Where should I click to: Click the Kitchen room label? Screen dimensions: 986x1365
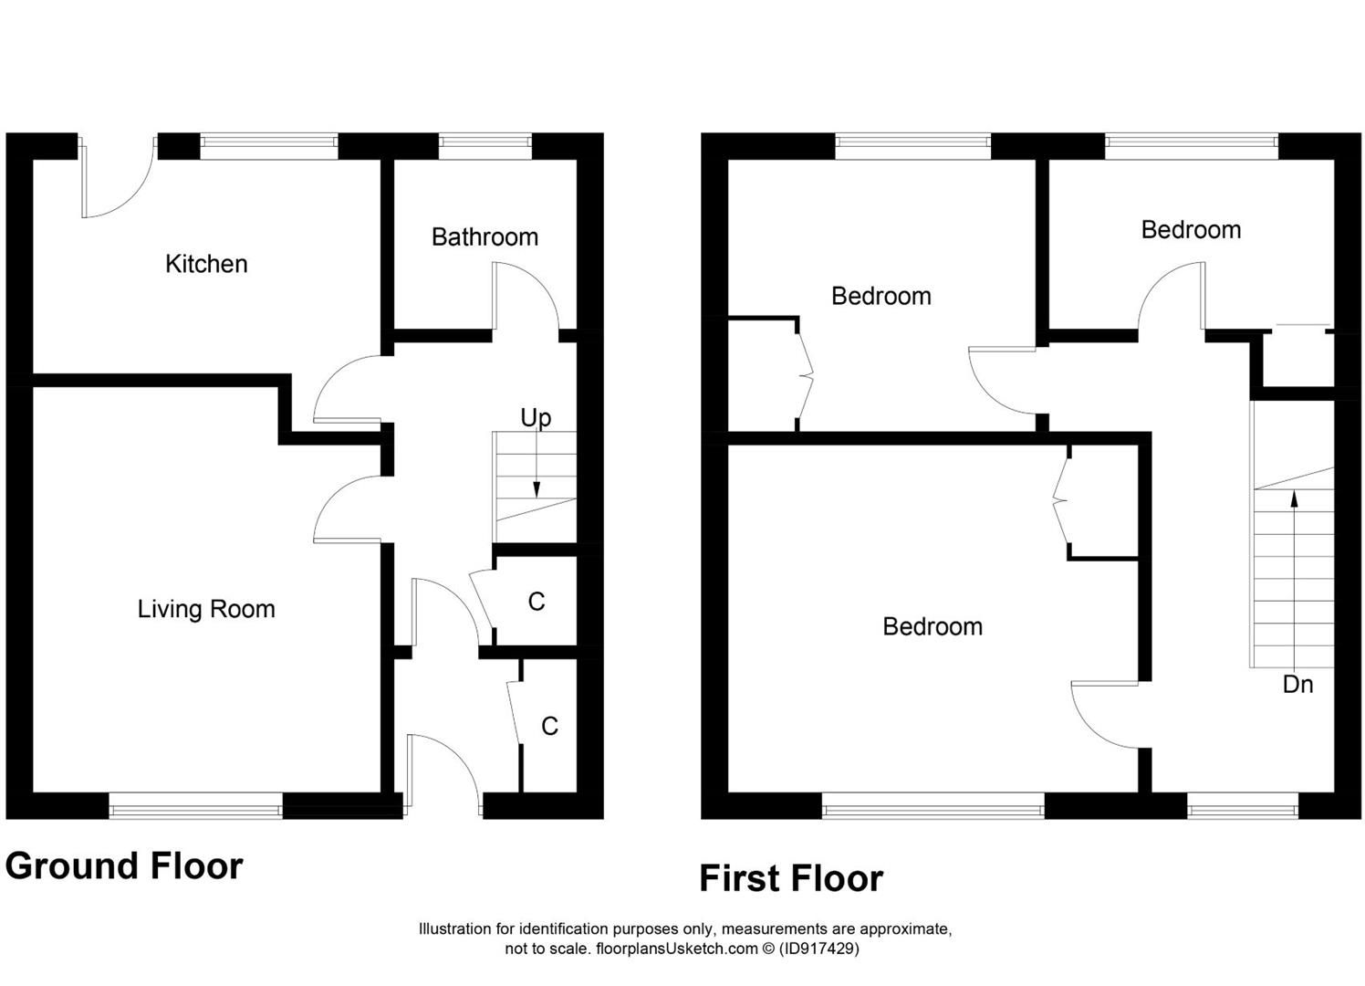pyautogui.click(x=206, y=265)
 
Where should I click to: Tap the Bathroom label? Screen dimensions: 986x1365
pyautogui.click(x=485, y=237)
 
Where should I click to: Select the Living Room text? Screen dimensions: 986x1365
pyautogui.click(x=206, y=609)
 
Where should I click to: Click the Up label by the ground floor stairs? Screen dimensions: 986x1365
pyautogui.click(x=536, y=418)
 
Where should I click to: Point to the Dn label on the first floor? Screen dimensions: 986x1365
pyautogui.click(x=1297, y=684)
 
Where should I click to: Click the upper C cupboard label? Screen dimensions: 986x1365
pyautogui.click(x=537, y=602)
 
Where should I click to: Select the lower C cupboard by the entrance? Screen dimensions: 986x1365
pyautogui.click(x=549, y=726)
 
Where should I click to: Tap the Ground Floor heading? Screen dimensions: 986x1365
pyautogui.click(x=124, y=865)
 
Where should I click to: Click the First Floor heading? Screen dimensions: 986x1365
pyautogui.click(x=791, y=878)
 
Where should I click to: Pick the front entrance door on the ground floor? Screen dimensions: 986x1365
pyautogui.click(x=444, y=767)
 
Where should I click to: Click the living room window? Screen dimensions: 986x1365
pyautogui.click(x=195, y=805)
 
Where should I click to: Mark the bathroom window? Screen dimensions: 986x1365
pyautogui.click(x=485, y=143)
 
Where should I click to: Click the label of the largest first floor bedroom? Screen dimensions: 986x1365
pyautogui.click(x=933, y=626)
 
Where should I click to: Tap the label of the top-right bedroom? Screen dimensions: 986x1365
pyautogui.click(x=1191, y=230)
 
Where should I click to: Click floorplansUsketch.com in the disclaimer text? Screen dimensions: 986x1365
pyautogui.click(x=677, y=949)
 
